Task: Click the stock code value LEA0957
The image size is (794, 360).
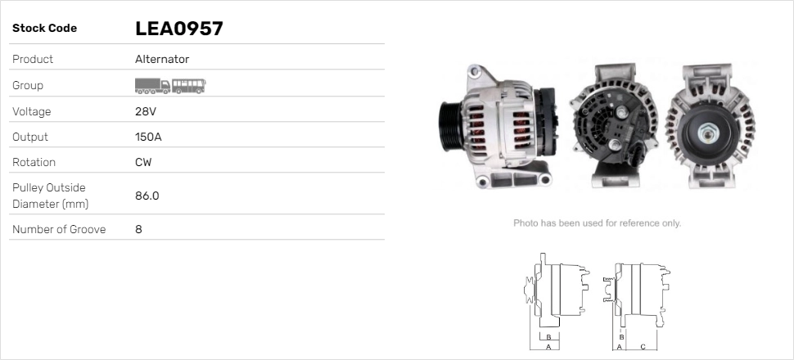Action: [178, 29]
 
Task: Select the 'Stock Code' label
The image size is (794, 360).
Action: [44, 29]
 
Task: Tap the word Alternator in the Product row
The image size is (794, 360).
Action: [162, 59]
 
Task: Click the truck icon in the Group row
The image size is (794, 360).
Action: [152, 86]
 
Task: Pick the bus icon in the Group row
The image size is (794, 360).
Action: [189, 86]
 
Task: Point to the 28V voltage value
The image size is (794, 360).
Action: [146, 111]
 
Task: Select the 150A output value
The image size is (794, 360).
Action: [148, 137]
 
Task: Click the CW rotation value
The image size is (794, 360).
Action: [143, 162]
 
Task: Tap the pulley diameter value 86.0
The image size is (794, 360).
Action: [147, 196]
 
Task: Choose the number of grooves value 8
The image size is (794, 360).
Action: [139, 229]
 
